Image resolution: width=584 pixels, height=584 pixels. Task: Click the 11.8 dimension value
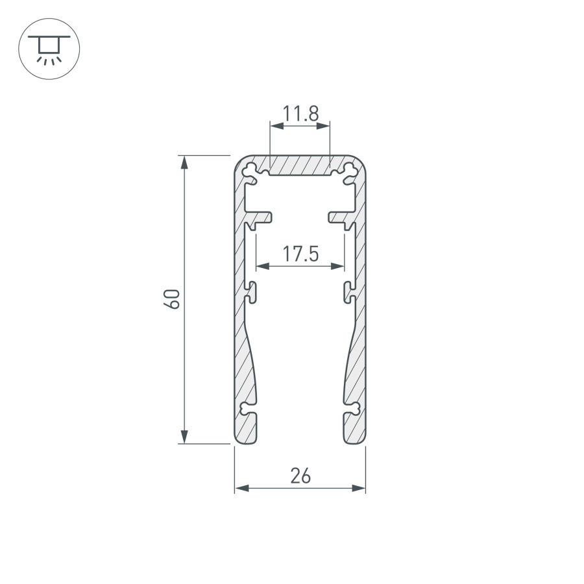click(300, 114)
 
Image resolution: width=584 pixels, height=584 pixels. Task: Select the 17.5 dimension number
click(300, 254)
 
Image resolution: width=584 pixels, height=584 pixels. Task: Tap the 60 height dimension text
click(172, 299)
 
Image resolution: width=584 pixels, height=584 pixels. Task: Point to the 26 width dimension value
click(300, 476)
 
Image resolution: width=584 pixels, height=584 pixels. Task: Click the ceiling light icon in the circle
click(49, 49)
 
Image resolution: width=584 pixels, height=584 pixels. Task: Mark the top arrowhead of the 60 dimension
click(185, 161)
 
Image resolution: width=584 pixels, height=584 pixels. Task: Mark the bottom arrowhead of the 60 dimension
click(185, 438)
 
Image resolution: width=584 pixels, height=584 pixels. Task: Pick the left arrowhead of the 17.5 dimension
click(262, 265)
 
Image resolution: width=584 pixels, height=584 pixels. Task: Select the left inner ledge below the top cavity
click(260, 217)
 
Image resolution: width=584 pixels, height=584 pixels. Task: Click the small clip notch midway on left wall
click(250, 292)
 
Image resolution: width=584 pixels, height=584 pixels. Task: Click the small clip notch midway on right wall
click(350, 292)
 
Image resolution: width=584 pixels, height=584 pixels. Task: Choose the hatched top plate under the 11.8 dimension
click(300, 165)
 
